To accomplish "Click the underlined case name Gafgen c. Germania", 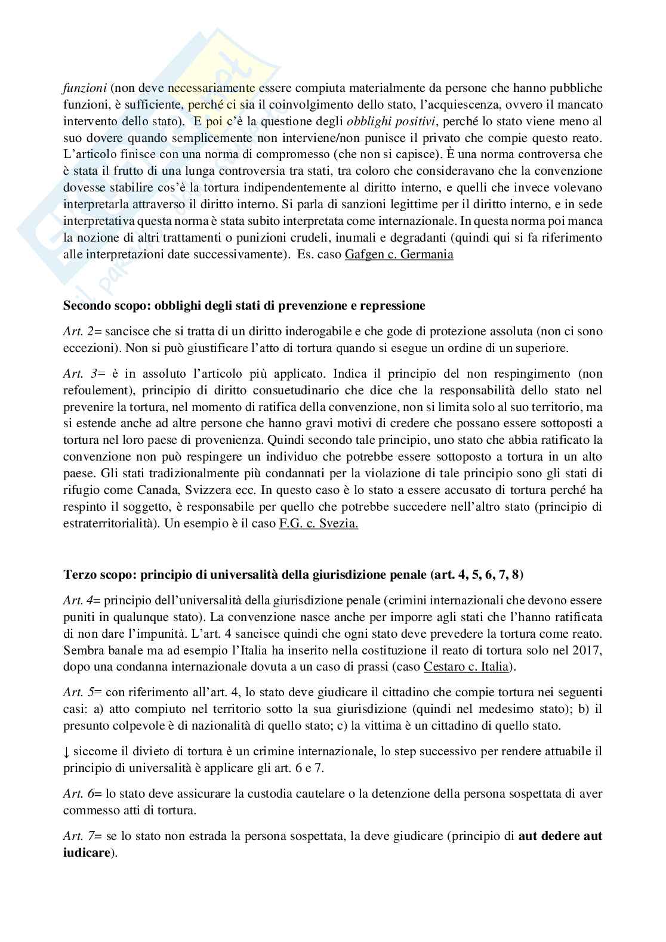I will click(x=399, y=255).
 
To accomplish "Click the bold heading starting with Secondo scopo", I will click(x=244, y=306).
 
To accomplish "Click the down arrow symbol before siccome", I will click(x=66, y=750).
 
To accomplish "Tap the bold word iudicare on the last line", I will click(x=87, y=853).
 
